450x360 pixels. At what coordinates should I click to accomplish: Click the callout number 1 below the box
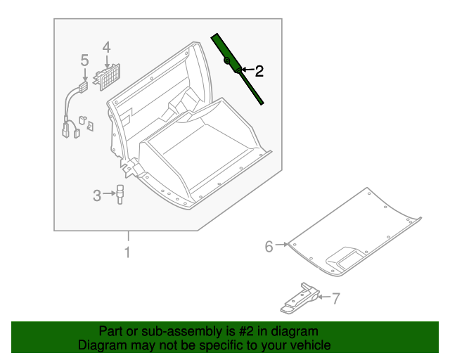tap(127, 252)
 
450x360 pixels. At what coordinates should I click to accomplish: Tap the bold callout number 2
tap(259, 71)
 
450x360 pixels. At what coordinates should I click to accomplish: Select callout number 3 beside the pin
tap(97, 195)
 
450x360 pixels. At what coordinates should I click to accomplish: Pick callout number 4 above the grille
tap(106, 47)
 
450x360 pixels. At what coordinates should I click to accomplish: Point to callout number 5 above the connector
tap(84, 60)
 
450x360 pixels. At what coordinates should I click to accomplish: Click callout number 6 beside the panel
tap(269, 247)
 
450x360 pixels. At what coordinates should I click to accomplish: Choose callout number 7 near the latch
tap(336, 298)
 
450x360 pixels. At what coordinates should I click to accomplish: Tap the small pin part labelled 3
tap(120, 194)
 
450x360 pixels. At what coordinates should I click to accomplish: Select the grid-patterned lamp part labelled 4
tap(107, 77)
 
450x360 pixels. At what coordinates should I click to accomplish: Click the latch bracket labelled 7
tap(300, 298)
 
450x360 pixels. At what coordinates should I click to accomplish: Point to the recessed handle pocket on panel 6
tap(345, 258)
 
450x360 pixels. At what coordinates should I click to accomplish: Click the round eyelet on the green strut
tap(226, 60)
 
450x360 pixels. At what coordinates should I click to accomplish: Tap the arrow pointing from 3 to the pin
tap(110, 194)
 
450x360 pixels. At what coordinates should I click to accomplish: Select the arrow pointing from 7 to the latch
tap(324, 297)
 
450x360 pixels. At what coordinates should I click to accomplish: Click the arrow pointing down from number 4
tap(107, 62)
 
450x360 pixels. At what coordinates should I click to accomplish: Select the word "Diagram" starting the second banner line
tap(99, 345)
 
